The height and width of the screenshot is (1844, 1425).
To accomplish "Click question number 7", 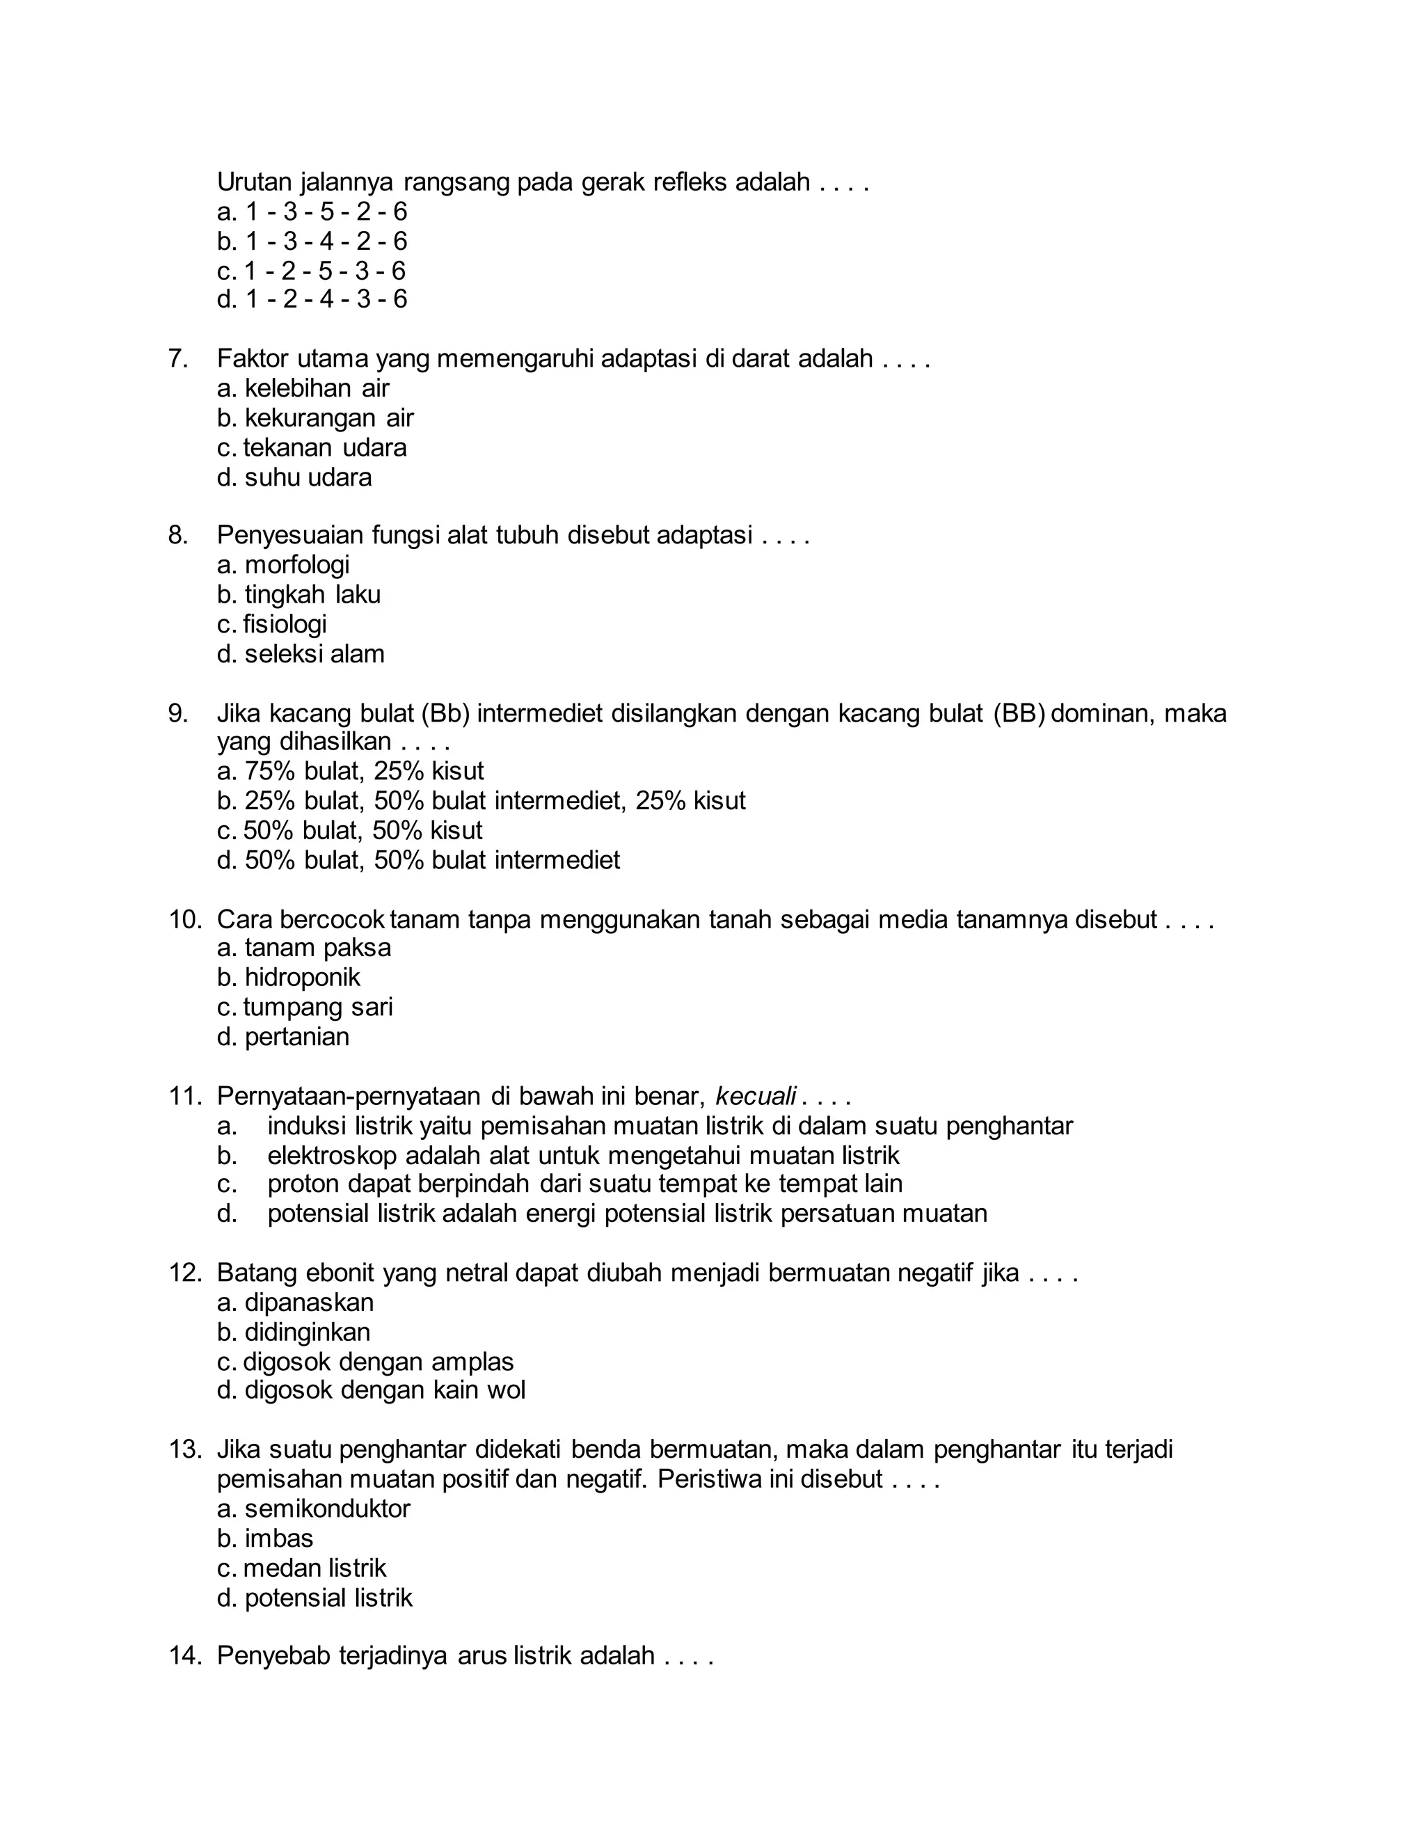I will click(x=177, y=359).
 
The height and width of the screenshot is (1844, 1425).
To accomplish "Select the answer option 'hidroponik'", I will click(x=301, y=978).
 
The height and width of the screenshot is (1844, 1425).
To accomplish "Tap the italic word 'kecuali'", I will click(x=756, y=1097).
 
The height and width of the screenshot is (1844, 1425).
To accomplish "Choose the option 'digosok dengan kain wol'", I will click(x=384, y=1390).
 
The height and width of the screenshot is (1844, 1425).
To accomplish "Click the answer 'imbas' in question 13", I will click(x=278, y=1539).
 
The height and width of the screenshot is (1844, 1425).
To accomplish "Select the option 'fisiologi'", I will click(x=285, y=624).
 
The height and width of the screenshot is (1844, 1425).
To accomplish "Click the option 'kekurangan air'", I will click(x=328, y=418).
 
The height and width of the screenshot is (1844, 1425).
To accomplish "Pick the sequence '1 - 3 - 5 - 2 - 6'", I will click(x=325, y=211).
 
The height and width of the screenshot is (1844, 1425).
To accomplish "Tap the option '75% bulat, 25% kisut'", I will click(x=364, y=771).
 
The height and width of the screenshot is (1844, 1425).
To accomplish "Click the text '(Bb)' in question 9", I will click(x=445, y=713).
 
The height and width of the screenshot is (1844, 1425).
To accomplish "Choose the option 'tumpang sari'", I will click(x=317, y=1008).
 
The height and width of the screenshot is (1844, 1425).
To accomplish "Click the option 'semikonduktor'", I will click(x=327, y=1509).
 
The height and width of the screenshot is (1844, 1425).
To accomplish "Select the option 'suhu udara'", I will click(x=308, y=478).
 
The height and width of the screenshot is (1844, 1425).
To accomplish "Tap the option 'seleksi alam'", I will click(x=314, y=654).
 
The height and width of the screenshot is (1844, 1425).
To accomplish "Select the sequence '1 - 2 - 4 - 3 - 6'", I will click(x=325, y=299).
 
